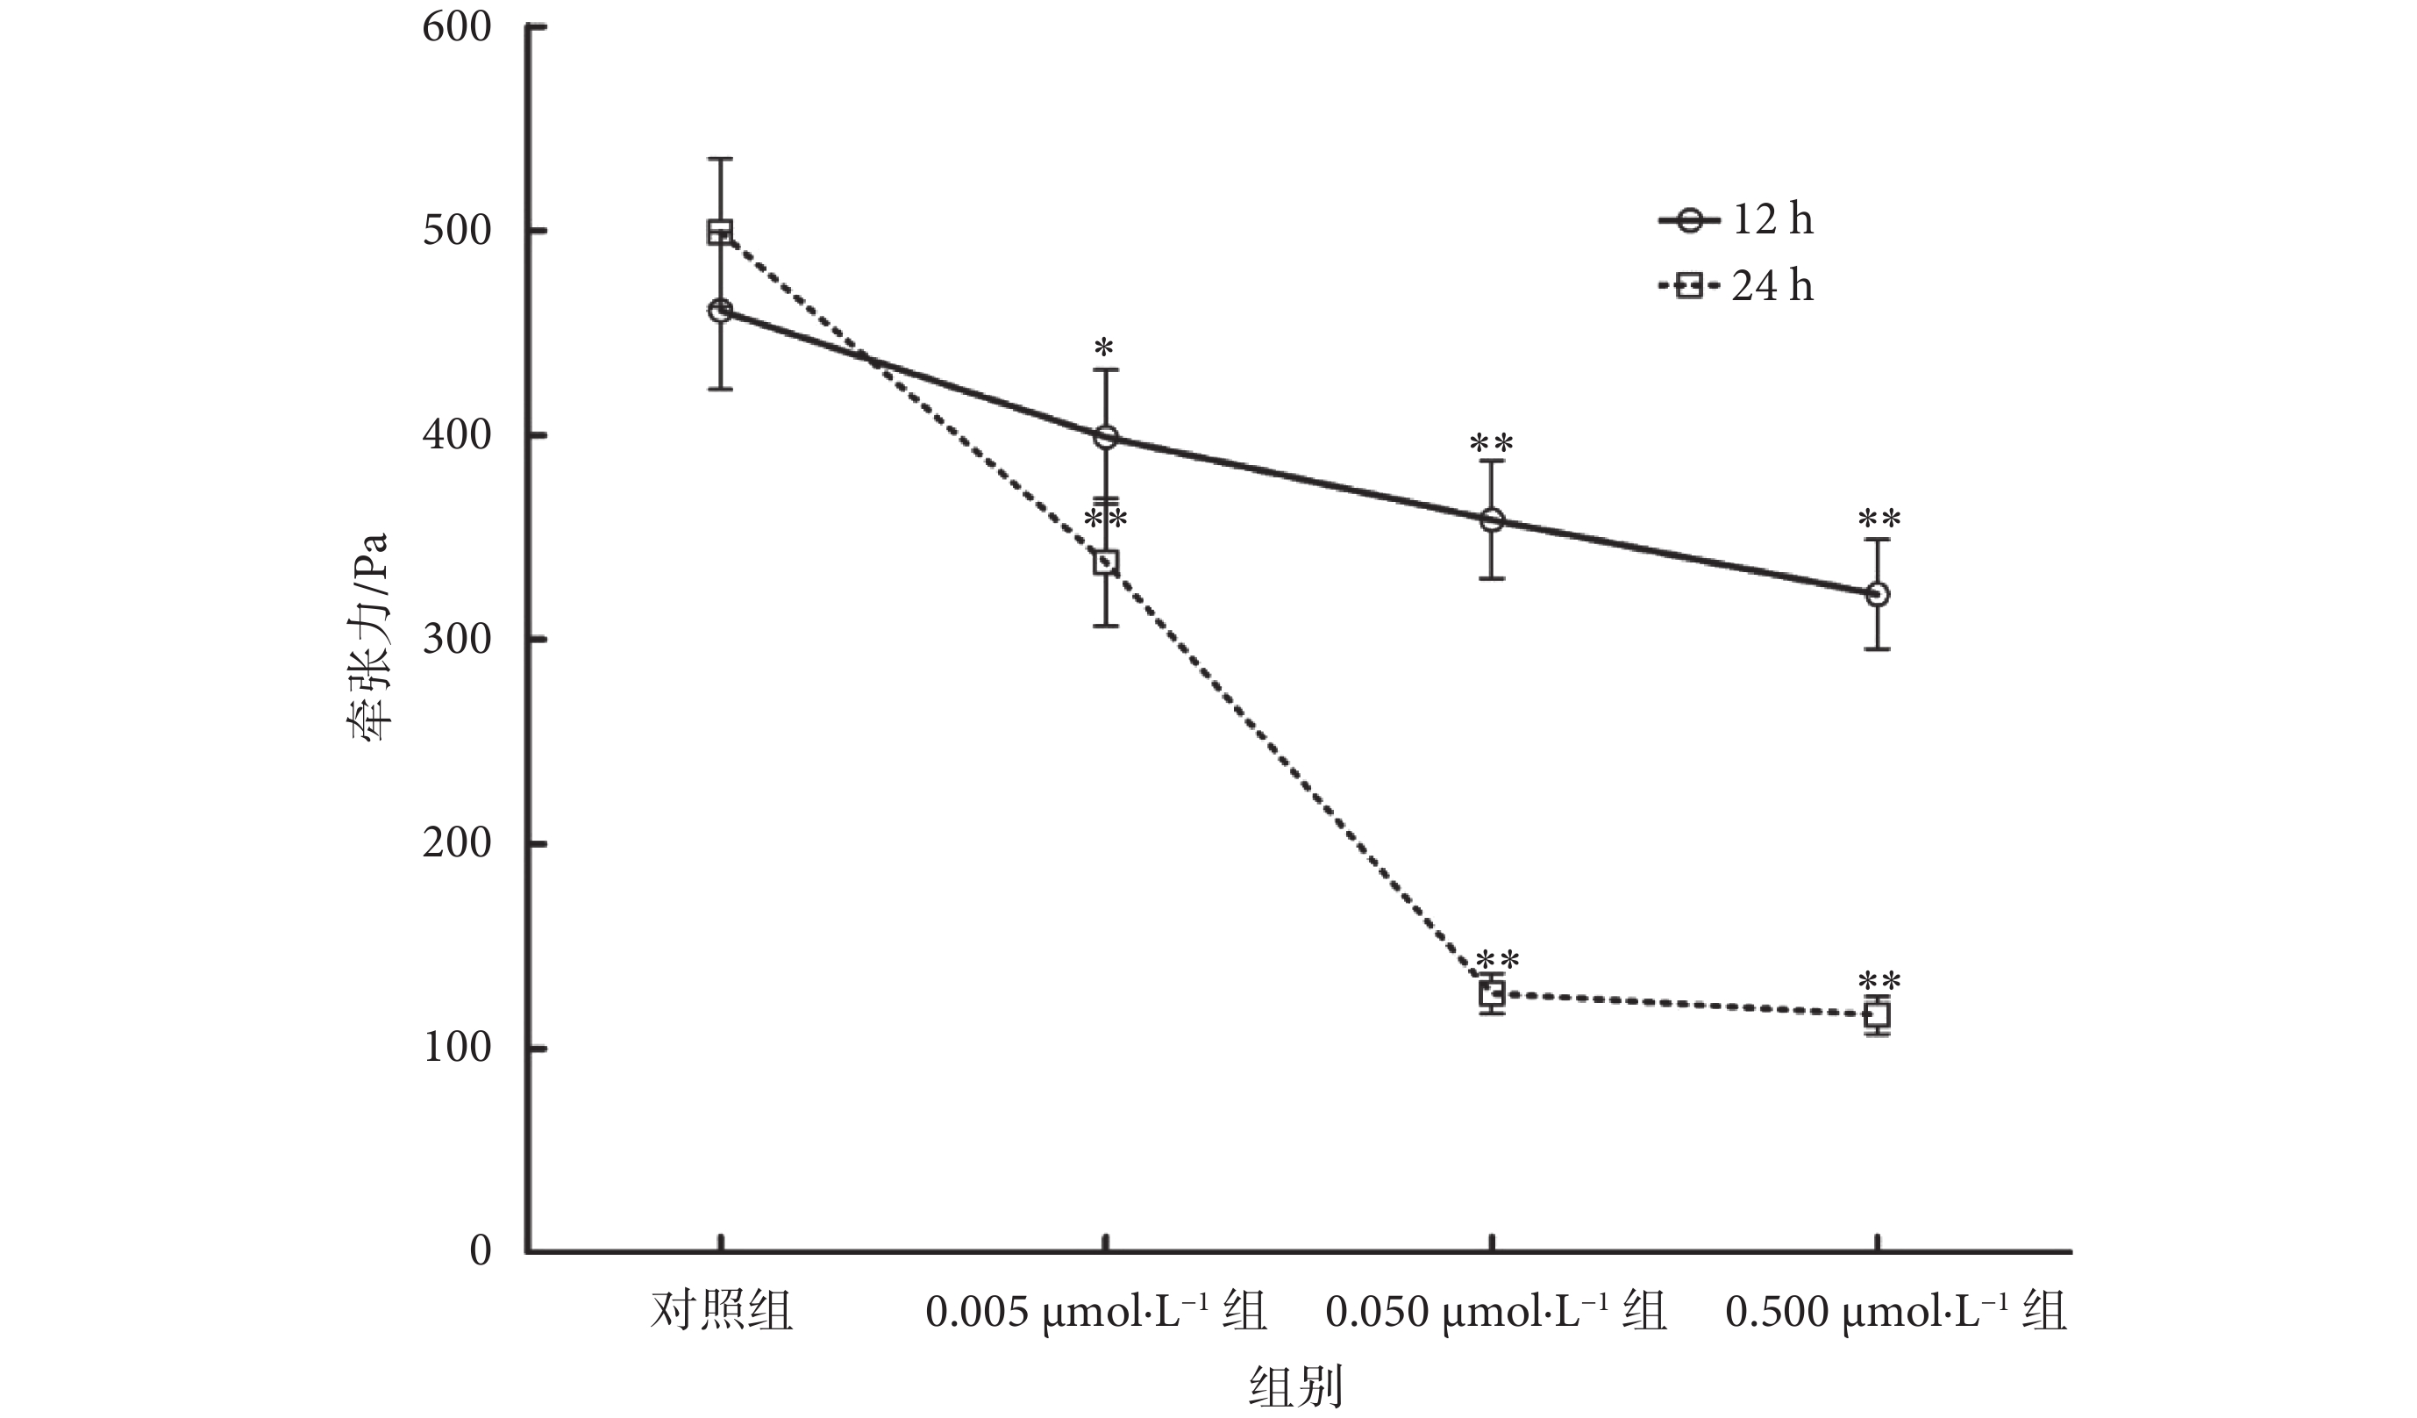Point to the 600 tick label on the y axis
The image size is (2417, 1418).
coord(457,27)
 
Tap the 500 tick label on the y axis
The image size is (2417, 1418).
coord(457,232)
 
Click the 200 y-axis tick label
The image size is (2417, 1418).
coord(457,843)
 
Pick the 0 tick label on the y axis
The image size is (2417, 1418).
coord(480,1251)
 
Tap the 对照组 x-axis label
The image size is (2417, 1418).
coord(721,1312)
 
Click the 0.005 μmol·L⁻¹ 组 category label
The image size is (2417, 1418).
coord(1096,1312)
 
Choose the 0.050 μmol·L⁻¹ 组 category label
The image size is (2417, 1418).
coord(1496,1312)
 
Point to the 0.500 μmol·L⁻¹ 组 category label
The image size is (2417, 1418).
coord(1895,1312)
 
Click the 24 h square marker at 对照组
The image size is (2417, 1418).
coord(720,232)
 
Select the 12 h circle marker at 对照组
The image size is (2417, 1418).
coord(720,310)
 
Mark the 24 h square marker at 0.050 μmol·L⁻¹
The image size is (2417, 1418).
coord(1492,994)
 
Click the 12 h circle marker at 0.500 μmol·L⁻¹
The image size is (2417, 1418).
coord(1877,595)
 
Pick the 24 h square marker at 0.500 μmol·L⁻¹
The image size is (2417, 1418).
coord(1877,1015)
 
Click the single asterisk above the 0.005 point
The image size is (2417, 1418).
coord(1105,347)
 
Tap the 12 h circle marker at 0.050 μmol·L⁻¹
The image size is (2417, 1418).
coord(1492,521)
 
